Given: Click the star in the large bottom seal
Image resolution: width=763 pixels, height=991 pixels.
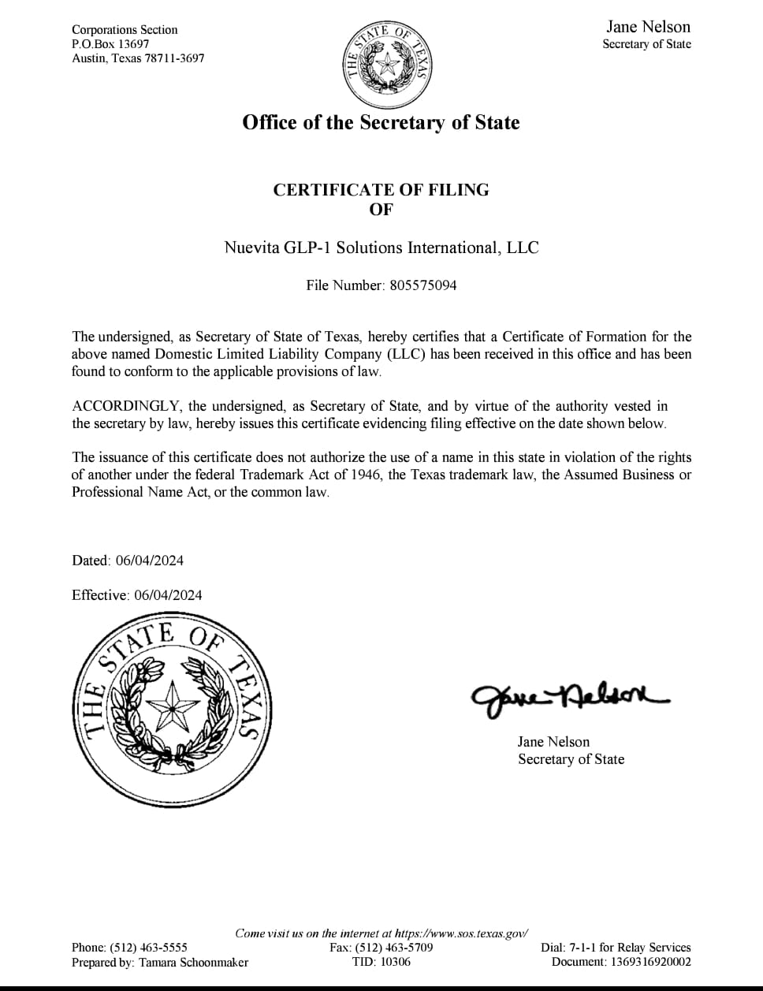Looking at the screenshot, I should click(x=173, y=704).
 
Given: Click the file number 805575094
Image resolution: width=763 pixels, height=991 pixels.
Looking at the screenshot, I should click(x=423, y=285).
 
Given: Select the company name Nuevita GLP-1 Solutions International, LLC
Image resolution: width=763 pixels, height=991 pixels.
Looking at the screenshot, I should click(x=381, y=248).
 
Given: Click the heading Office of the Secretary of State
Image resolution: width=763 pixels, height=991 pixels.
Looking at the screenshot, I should click(x=381, y=122).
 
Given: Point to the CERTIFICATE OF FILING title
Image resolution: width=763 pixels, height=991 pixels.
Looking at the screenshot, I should click(x=381, y=189).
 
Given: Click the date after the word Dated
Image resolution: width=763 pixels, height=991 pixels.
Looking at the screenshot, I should click(x=149, y=561).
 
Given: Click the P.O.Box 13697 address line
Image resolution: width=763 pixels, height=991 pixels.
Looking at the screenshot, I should click(x=110, y=44).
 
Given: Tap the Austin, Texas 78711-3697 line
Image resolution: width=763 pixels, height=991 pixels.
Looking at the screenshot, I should click(x=138, y=58).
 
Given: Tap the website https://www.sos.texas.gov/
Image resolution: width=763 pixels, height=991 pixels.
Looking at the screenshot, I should click(x=461, y=933).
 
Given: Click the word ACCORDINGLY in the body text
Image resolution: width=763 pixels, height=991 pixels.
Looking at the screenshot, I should click(x=126, y=406).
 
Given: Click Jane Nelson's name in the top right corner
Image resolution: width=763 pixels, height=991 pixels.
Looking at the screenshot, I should click(x=648, y=26).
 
